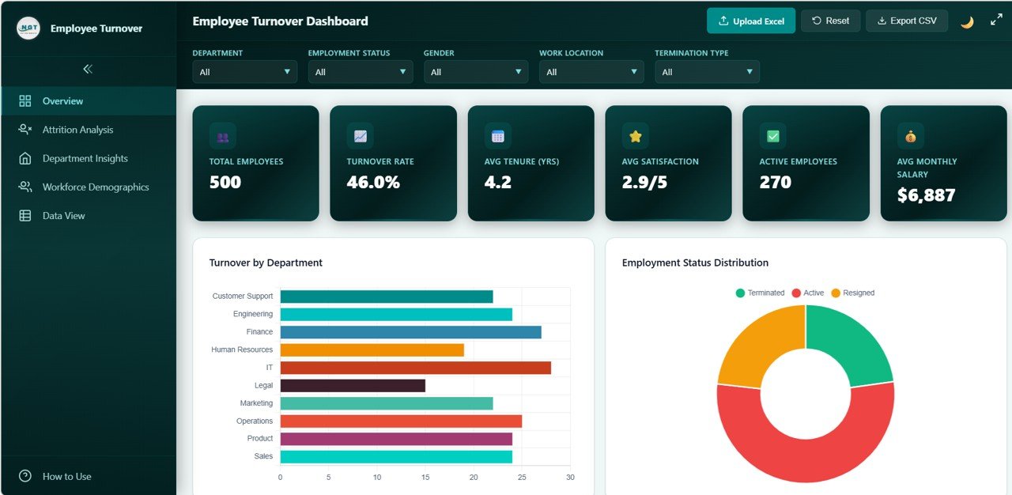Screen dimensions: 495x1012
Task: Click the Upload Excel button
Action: [750, 21]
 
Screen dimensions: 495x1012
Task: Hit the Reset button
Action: [830, 21]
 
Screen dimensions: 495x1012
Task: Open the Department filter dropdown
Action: [245, 72]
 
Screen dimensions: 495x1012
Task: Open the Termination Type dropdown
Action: [707, 72]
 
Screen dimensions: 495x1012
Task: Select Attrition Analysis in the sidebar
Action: [77, 130]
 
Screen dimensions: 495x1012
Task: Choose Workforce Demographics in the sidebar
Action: [95, 187]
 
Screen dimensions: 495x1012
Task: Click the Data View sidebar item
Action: [63, 216]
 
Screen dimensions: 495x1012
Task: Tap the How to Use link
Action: [66, 477]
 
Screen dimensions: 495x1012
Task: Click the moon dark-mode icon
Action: [967, 22]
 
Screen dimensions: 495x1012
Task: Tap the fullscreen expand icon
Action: [996, 20]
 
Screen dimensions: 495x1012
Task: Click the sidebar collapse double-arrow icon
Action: [88, 69]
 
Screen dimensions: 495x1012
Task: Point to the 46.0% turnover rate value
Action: [373, 183]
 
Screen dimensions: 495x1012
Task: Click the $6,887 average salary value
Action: [926, 195]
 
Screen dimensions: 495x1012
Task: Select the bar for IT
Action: [415, 368]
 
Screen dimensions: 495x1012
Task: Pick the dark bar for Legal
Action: [353, 386]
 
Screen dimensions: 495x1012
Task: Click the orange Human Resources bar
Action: [372, 350]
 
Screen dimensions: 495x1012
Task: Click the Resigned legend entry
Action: [852, 293]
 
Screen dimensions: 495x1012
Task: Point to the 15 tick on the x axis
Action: [425, 478]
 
